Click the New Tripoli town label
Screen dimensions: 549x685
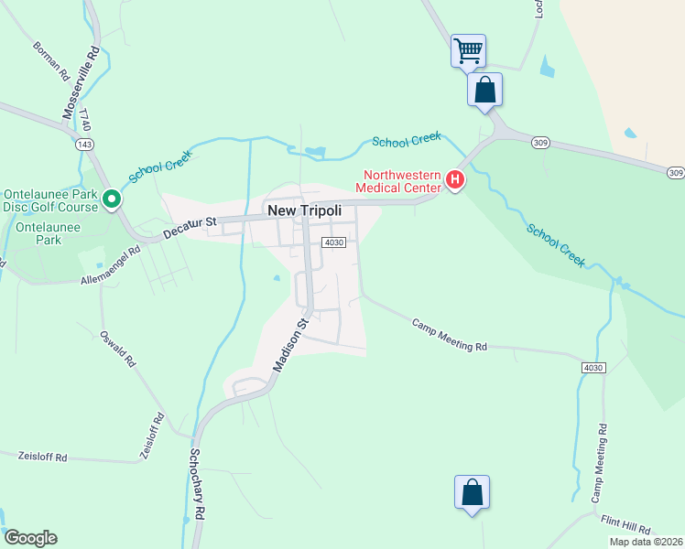coord(304,210)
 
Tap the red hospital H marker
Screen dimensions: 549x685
coord(455,180)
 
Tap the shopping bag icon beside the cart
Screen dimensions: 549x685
coord(484,90)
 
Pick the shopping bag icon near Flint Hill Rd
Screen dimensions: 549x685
coord(472,492)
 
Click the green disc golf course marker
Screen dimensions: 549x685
coord(112,199)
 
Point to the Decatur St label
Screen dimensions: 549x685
coord(190,228)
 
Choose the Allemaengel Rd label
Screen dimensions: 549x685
coord(112,263)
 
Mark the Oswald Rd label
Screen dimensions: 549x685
coord(118,348)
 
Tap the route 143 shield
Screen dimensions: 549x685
coord(85,145)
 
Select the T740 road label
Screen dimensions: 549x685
coord(85,121)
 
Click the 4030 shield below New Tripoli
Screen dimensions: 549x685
coord(332,242)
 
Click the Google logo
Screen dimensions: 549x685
coord(30,538)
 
